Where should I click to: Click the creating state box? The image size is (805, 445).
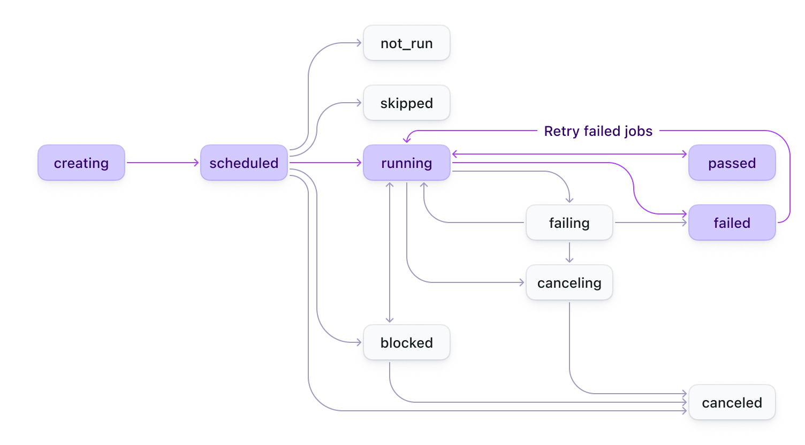coord(81,163)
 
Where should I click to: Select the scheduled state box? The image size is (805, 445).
coord(244,163)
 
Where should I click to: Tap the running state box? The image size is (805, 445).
coord(407,163)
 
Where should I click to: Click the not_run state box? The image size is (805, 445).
coord(407,43)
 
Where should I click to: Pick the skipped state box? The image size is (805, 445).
coord(407,103)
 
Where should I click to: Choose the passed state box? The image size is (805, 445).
coord(732,163)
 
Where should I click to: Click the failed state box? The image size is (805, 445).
coord(732,223)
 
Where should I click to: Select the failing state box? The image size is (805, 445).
coord(569,223)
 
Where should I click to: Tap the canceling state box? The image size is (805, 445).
coord(569,282)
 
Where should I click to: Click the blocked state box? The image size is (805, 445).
coord(407,342)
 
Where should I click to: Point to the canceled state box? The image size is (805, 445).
coord(732,402)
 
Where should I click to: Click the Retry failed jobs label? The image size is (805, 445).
coord(598,131)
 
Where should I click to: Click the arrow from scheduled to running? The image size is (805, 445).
coord(325,163)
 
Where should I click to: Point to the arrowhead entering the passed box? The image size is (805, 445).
coord(685,154)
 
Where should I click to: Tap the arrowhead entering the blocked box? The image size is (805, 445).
coord(390,321)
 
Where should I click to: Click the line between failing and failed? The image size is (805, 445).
coord(650,223)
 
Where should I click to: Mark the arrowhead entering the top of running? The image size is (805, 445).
coord(407,141)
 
